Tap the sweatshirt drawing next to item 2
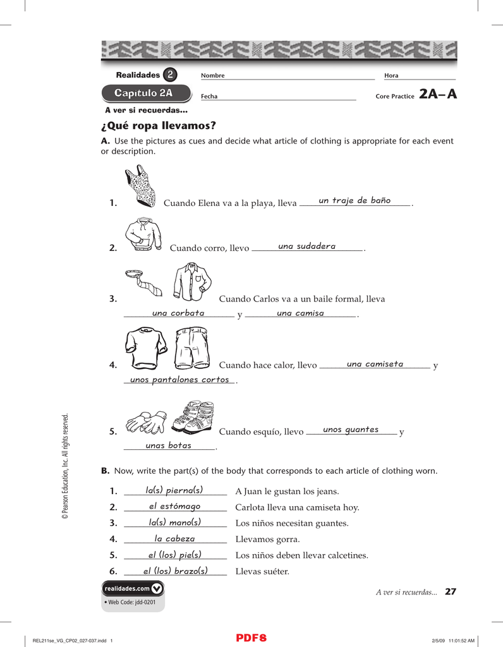[143, 234]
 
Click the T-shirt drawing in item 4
[146, 348]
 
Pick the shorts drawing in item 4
[192, 348]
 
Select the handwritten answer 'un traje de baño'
[355, 201]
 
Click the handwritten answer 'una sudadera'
[306, 246]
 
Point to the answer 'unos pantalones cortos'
[179, 380]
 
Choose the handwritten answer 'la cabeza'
[175, 539]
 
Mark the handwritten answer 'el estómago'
[174, 507]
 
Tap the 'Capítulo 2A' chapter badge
[146, 94]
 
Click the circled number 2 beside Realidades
[169, 75]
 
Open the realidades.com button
[133, 588]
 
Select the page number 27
[450, 592]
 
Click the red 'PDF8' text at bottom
[251, 638]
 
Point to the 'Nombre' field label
[212, 76]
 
